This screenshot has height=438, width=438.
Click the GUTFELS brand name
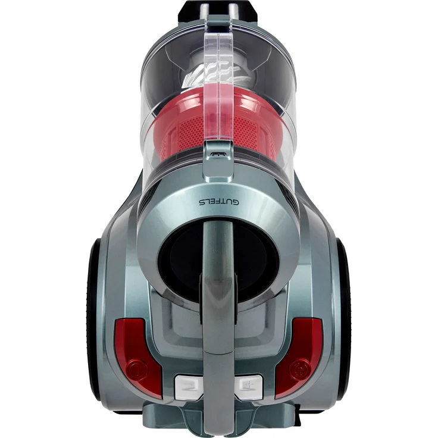[218, 202]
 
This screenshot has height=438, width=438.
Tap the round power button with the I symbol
[137, 368]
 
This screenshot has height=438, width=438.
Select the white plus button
[248, 386]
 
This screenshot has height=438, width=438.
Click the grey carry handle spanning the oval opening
[218, 307]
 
